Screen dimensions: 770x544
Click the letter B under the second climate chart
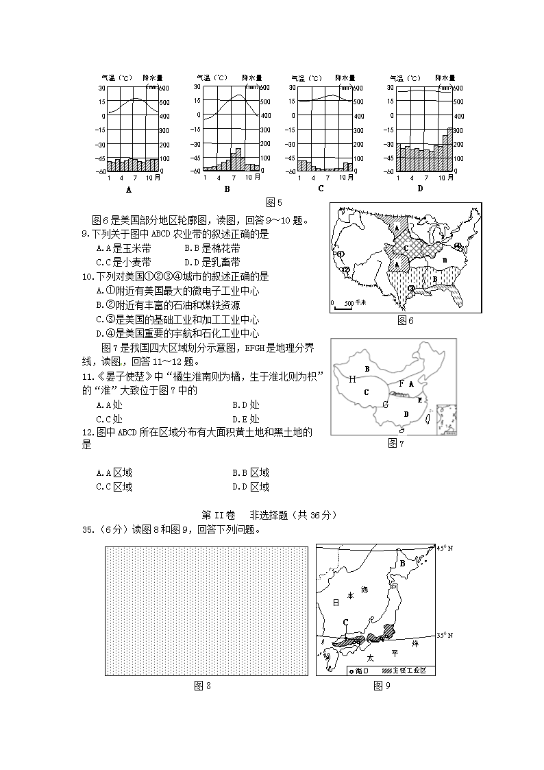pyautogui.click(x=227, y=189)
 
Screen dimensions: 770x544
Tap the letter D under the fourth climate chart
pyautogui.click(x=420, y=189)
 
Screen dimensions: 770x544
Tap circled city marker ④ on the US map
pyautogui.click(x=458, y=245)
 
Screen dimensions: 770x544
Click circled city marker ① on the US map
pyautogui.click(x=340, y=254)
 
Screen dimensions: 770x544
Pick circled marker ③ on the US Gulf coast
pyautogui.click(x=411, y=288)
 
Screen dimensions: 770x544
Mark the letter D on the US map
pyautogui.click(x=445, y=261)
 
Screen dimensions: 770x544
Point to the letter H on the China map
pyautogui.click(x=351, y=378)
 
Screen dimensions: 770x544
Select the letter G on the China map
pyautogui.click(x=385, y=405)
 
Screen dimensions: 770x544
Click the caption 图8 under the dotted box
pyautogui.click(x=202, y=686)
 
